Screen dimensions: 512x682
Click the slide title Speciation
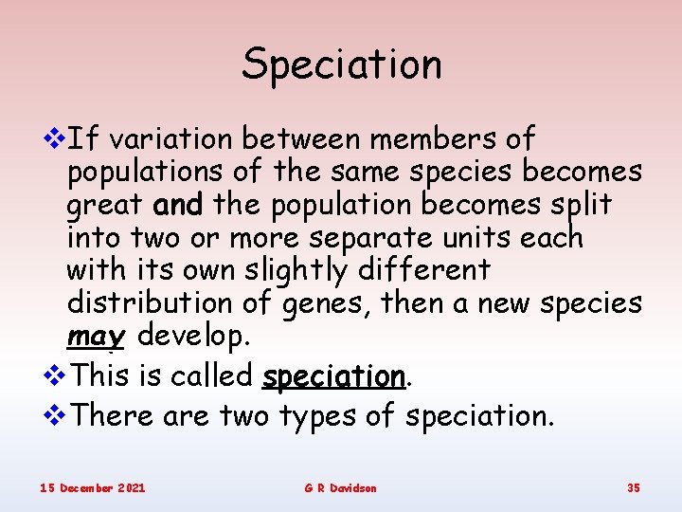341,64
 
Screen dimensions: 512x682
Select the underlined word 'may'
97,338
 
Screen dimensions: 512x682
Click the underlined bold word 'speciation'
333,376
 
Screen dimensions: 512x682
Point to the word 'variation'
170,139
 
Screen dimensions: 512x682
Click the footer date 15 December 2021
92,487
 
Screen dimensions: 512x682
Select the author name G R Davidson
340,487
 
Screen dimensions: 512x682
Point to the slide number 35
633,487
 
